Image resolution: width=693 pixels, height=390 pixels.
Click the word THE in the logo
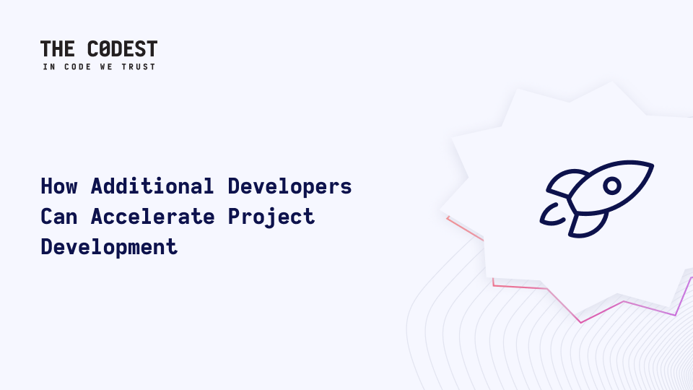pos(58,48)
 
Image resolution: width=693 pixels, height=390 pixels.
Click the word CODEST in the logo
pos(123,48)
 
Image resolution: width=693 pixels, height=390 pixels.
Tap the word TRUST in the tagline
pos(139,66)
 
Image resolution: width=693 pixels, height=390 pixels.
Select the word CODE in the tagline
pos(78,66)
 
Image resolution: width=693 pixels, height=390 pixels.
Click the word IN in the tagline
pos(49,66)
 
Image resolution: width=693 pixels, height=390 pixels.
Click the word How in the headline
pos(59,186)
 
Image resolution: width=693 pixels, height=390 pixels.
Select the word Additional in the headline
pos(152,186)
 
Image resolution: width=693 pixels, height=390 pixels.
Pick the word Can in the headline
pos(58,217)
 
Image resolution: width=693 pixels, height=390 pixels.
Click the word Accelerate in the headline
pos(153,217)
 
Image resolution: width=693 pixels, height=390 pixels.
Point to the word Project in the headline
pos(271,217)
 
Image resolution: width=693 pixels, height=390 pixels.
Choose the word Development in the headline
pos(109,247)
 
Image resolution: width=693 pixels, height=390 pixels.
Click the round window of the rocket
pos(612,186)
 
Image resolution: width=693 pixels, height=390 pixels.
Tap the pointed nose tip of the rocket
pos(653,165)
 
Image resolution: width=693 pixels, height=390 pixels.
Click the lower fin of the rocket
pos(588,225)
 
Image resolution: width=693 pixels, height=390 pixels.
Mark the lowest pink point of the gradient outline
pos(581,322)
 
